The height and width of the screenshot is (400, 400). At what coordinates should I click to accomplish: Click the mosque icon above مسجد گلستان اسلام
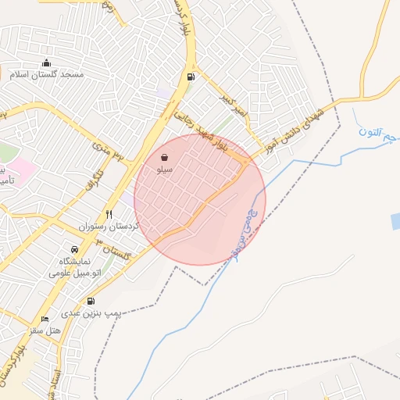[46, 63]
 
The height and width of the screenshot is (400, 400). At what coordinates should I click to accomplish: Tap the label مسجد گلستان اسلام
[46, 75]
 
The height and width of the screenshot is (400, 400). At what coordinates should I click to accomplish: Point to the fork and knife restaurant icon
[109, 213]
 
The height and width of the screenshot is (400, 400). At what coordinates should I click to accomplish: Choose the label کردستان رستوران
[109, 225]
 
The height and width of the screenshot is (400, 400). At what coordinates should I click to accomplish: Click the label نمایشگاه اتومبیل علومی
[70, 266]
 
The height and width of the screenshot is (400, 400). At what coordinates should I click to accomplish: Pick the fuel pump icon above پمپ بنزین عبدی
[92, 301]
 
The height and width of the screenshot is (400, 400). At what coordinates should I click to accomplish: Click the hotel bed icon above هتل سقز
[45, 320]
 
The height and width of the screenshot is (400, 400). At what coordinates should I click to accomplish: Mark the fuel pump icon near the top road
[191, 77]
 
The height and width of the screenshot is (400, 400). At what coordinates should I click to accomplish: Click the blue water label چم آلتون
[379, 132]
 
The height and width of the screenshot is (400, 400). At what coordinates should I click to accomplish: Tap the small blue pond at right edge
[395, 221]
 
